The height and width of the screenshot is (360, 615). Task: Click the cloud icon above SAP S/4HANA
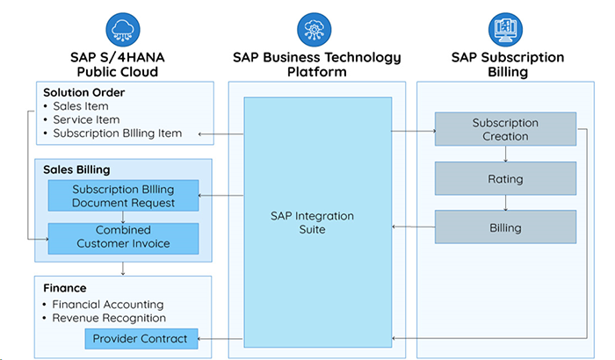coord(123,27)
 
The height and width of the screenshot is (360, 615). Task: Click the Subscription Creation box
coord(505,129)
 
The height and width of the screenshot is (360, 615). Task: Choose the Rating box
coord(505,179)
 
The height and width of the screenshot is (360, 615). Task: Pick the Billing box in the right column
coord(505,227)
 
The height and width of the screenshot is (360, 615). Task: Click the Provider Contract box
coord(141,338)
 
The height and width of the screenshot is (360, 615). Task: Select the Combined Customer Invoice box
coord(123,238)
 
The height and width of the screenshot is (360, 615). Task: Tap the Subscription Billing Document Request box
coord(123,196)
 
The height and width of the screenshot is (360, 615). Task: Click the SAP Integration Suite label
coord(317,222)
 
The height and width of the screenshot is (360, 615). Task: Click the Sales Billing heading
coord(76,169)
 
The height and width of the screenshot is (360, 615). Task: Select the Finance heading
coord(65,287)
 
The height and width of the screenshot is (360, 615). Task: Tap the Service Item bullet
coord(86,120)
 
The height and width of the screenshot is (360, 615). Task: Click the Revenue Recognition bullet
coord(109,318)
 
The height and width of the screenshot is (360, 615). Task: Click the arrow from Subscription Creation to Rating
coord(505,155)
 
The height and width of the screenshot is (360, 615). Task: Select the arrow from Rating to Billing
coord(505,204)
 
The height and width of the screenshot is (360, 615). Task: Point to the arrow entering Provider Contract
coord(220,338)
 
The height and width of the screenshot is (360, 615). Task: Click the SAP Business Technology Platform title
coord(316,64)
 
